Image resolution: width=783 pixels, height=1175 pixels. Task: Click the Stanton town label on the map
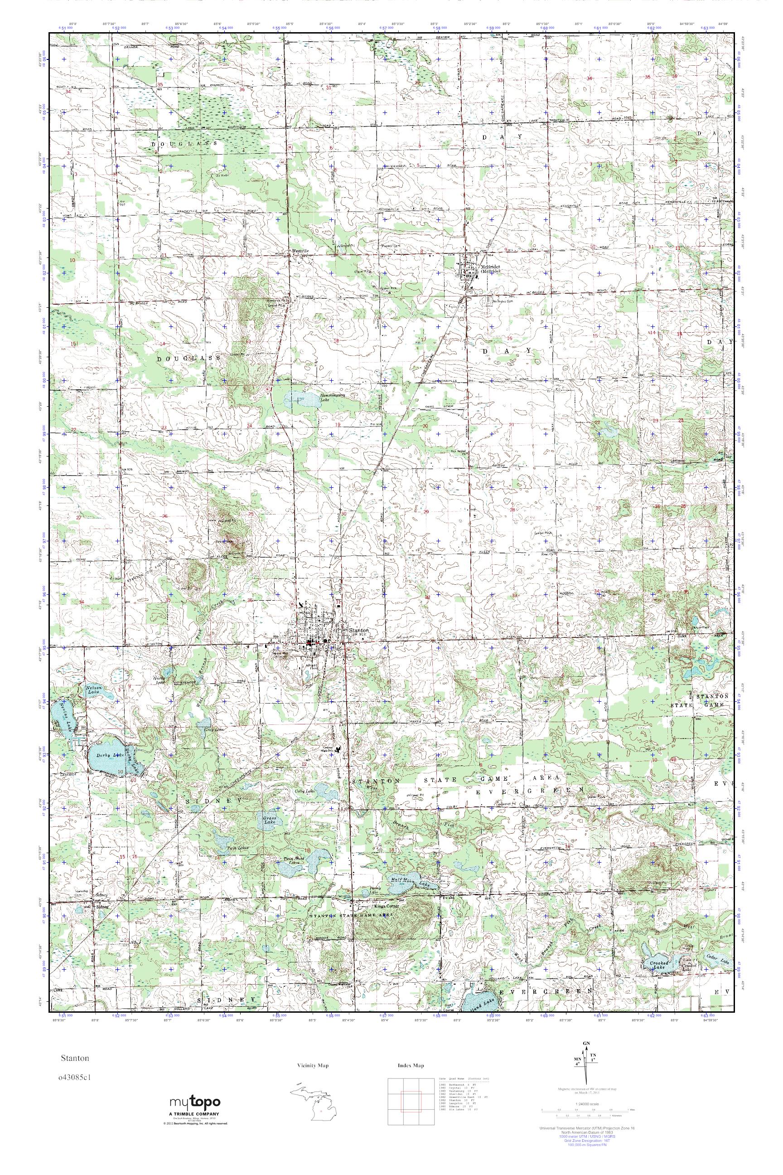coord(359,631)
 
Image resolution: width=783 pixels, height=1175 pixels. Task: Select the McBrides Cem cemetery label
coord(496,301)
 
